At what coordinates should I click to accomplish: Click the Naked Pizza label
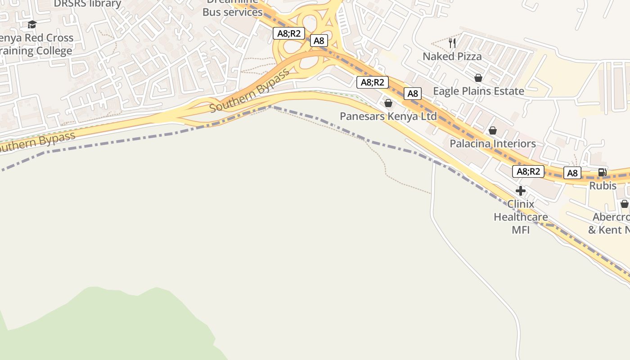452,57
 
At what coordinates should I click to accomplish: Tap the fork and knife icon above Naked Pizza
452,43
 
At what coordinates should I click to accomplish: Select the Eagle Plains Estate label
478,91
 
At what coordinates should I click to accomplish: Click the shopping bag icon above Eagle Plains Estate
478,78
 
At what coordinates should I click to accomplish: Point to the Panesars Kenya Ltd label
388,117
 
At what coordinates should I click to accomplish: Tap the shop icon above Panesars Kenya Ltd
388,103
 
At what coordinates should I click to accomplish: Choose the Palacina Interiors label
493,144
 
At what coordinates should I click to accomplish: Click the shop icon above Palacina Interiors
493,130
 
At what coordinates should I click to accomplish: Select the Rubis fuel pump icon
602,172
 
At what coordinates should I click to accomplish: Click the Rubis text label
603,185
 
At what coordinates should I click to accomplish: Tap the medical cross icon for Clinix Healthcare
521,191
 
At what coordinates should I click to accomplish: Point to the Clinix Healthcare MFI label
521,217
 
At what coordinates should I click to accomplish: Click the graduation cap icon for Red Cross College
32,24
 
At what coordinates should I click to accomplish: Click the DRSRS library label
87,4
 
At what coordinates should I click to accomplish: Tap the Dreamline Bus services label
232,9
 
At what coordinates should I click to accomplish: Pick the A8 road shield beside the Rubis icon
572,173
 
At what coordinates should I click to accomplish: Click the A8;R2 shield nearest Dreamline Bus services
289,33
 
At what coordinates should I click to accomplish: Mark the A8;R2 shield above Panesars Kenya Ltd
372,82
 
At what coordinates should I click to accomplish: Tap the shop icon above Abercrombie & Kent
624,204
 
